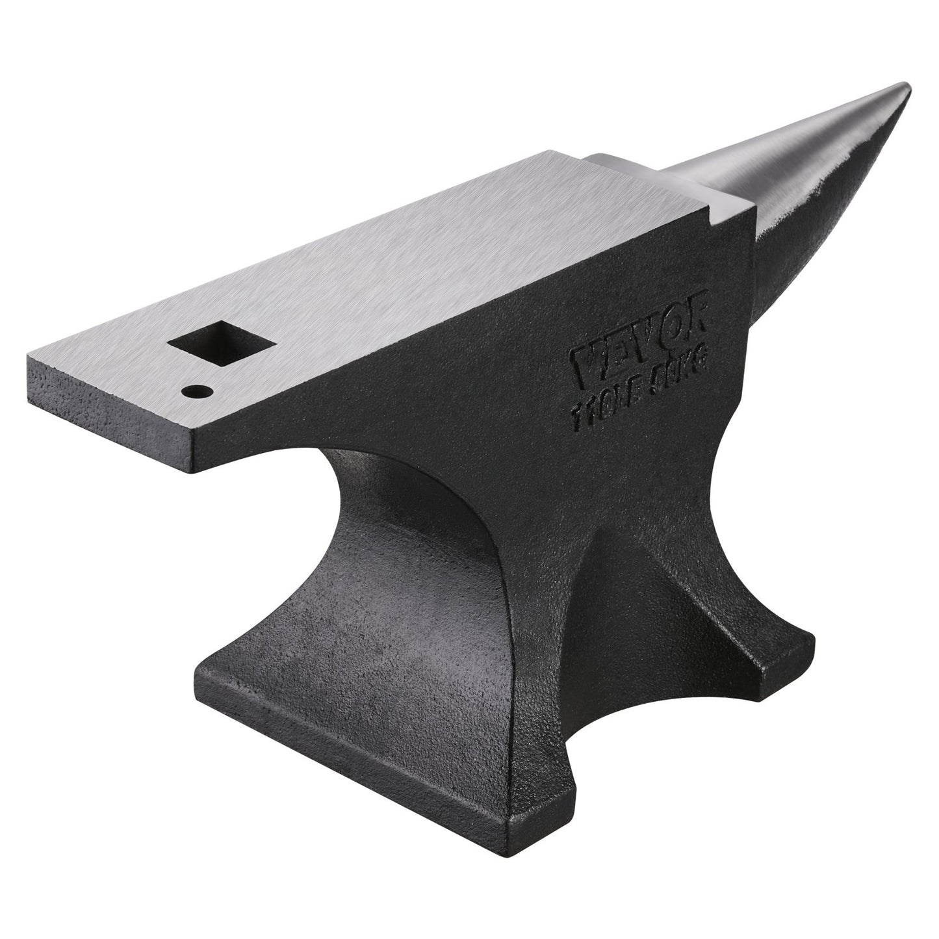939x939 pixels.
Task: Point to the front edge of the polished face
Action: point(455,338)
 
